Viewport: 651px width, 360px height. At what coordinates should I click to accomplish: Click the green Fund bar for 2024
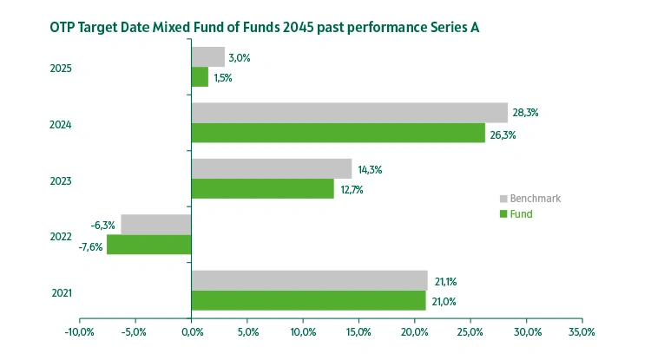click(338, 133)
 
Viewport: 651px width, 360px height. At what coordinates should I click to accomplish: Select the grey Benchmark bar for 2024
click(349, 113)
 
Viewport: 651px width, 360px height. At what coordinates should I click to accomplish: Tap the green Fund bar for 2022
click(148, 245)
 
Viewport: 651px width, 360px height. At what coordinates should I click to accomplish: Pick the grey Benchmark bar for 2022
click(156, 225)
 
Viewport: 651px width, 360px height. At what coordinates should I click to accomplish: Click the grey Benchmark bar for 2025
click(207, 57)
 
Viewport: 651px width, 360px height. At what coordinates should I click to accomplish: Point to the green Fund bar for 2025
click(200, 77)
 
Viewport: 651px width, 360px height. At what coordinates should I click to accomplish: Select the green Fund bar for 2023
click(262, 188)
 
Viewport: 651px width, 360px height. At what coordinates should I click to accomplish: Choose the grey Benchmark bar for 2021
click(309, 280)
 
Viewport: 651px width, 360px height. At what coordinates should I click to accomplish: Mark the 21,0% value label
click(443, 301)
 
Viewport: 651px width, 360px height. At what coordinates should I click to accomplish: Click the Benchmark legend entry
click(535, 199)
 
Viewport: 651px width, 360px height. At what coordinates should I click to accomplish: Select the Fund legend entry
click(522, 213)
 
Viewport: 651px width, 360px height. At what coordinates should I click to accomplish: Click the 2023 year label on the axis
click(61, 181)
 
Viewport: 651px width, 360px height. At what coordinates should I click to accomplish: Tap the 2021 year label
click(61, 293)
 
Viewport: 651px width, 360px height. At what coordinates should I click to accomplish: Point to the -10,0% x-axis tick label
click(79, 331)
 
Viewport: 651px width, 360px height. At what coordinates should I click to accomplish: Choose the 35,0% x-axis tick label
click(582, 331)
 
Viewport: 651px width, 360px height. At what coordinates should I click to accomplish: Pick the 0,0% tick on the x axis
click(191, 331)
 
